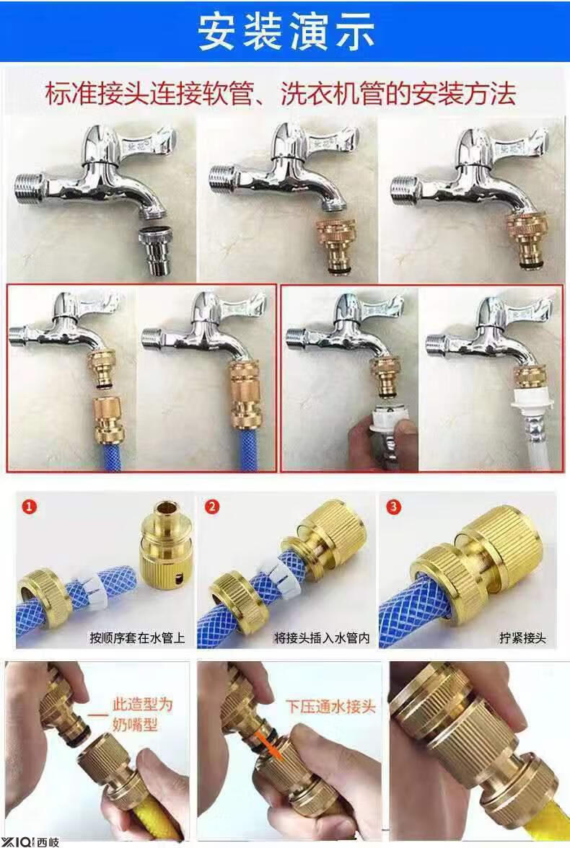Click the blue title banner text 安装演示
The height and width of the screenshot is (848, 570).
tap(285, 32)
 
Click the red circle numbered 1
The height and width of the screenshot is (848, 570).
tap(30, 507)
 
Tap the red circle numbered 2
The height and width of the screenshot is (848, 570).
tap(212, 507)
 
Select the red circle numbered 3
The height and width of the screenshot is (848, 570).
tap(393, 507)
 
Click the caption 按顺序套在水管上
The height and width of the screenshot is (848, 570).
tap(137, 638)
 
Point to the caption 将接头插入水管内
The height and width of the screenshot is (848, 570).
tap(322, 638)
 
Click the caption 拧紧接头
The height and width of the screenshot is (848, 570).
tap(522, 638)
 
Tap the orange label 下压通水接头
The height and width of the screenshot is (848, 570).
tap(330, 707)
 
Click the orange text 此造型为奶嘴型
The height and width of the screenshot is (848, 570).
tap(142, 714)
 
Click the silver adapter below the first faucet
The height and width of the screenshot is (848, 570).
tap(157, 250)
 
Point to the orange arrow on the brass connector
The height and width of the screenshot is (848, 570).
tap(271, 743)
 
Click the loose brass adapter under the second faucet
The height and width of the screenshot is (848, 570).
tap(336, 245)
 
